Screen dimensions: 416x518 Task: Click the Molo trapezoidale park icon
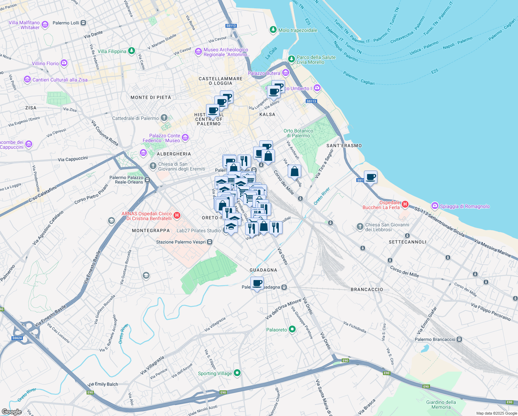pyautogui.click(x=274, y=30)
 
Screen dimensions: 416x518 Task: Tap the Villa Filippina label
pyautogui.click(x=112, y=51)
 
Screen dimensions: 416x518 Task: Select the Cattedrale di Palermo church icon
pyautogui.click(x=164, y=118)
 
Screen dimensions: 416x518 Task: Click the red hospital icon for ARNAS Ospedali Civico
pyautogui.click(x=177, y=216)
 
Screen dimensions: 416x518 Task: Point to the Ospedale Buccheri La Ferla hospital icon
pyautogui.click(x=405, y=205)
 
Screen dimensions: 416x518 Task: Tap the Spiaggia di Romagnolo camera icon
pyautogui.click(x=435, y=206)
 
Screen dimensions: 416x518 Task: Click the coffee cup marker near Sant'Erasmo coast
pyautogui.click(x=370, y=177)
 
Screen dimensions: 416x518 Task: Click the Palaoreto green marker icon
pyautogui.click(x=292, y=329)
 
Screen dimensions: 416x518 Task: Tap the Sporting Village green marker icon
pyautogui.click(x=237, y=373)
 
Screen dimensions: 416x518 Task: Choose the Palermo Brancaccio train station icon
pyautogui.click(x=459, y=339)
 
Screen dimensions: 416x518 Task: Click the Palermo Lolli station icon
pyautogui.click(x=83, y=23)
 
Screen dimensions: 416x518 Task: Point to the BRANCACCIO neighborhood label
pyautogui.click(x=367, y=289)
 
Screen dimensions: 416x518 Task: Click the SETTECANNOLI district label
pyautogui.click(x=407, y=242)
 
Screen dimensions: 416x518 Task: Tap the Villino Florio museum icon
pyautogui.click(x=64, y=63)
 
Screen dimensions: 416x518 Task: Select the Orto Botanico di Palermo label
pyautogui.click(x=298, y=133)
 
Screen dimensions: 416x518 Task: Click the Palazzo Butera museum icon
pyautogui.click(x=286, y=73)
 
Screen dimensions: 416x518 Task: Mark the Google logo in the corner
pyautogui.click(x=12, y=411)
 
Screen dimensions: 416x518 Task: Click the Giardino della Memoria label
pyautogui.click(x=441, y=405)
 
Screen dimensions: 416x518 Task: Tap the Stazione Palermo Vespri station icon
pyautogui.click(x=209, y=242)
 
